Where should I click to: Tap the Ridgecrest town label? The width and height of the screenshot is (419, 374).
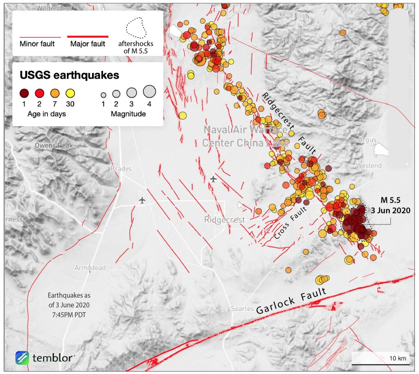(224, 220)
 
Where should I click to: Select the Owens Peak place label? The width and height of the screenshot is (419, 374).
(54, 145)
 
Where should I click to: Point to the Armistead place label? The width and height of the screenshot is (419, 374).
(90, 268)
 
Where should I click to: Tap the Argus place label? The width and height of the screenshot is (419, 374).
(367, 140)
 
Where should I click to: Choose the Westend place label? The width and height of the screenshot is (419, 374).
(368, 166)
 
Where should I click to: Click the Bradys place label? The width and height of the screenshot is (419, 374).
(121, 169)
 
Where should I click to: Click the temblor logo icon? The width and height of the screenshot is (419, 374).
(22, 357)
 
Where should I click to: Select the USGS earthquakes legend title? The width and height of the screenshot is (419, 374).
(69, 75)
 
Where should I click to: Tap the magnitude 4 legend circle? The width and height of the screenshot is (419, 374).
(149, 91)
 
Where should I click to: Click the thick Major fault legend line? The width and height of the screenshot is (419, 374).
(88, 36)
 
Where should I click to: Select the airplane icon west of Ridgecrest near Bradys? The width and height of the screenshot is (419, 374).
(142, 200)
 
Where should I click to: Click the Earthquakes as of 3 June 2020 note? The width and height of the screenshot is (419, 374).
(69, 305)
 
